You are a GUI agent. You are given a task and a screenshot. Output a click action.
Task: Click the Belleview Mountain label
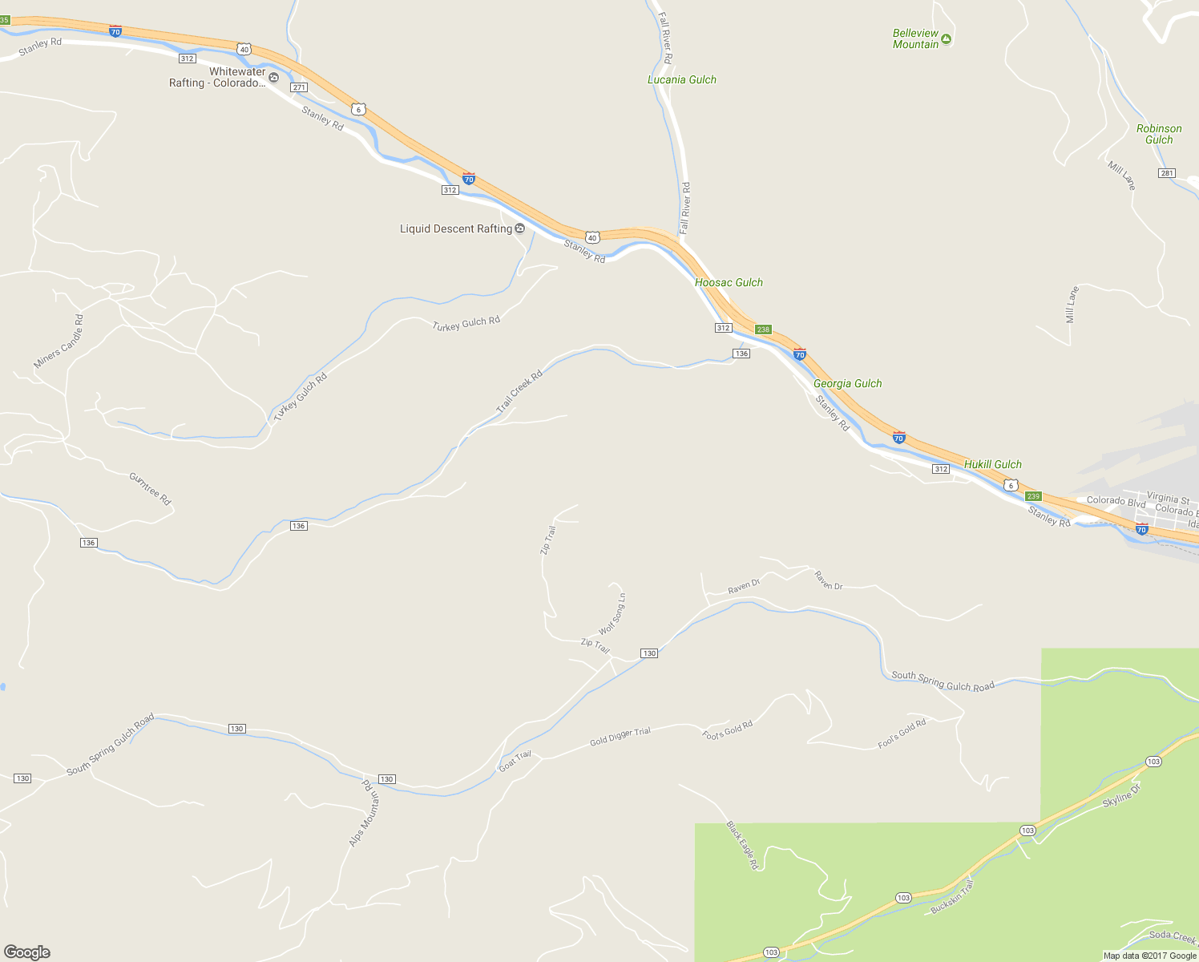coord(915,38)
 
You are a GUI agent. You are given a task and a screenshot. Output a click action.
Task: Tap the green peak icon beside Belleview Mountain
coord(946,38)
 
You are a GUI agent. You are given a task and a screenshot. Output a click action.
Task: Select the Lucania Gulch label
coord(682,79)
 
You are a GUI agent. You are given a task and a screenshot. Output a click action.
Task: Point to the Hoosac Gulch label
coord(729,282)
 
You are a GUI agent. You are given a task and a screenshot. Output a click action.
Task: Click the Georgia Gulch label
coord(847,383)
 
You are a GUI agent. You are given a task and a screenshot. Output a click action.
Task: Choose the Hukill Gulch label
coord(992,464)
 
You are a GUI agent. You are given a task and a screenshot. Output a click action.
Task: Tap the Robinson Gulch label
coord(1159,134)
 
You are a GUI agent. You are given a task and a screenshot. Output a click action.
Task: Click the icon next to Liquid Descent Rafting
coord(519,228)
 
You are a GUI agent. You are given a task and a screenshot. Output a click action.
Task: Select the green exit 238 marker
coord(763,329)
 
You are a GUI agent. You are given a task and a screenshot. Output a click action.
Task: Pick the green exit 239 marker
coord(1033,496)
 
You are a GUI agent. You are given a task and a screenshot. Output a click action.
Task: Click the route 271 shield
coord(299,87)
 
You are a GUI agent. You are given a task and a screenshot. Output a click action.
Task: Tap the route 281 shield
coord(1166,173)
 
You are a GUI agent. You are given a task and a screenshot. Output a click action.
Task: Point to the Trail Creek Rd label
coord(519,392)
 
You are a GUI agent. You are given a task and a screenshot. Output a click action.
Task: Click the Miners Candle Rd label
coord(59,342)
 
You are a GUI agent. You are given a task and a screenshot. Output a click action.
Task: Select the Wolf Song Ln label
coord(612,614)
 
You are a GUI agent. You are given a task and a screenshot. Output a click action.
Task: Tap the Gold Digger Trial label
coord(620,737)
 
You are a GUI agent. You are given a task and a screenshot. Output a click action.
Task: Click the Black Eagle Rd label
coord(742,845)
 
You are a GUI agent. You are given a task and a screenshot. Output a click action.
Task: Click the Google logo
coord(26,952)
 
